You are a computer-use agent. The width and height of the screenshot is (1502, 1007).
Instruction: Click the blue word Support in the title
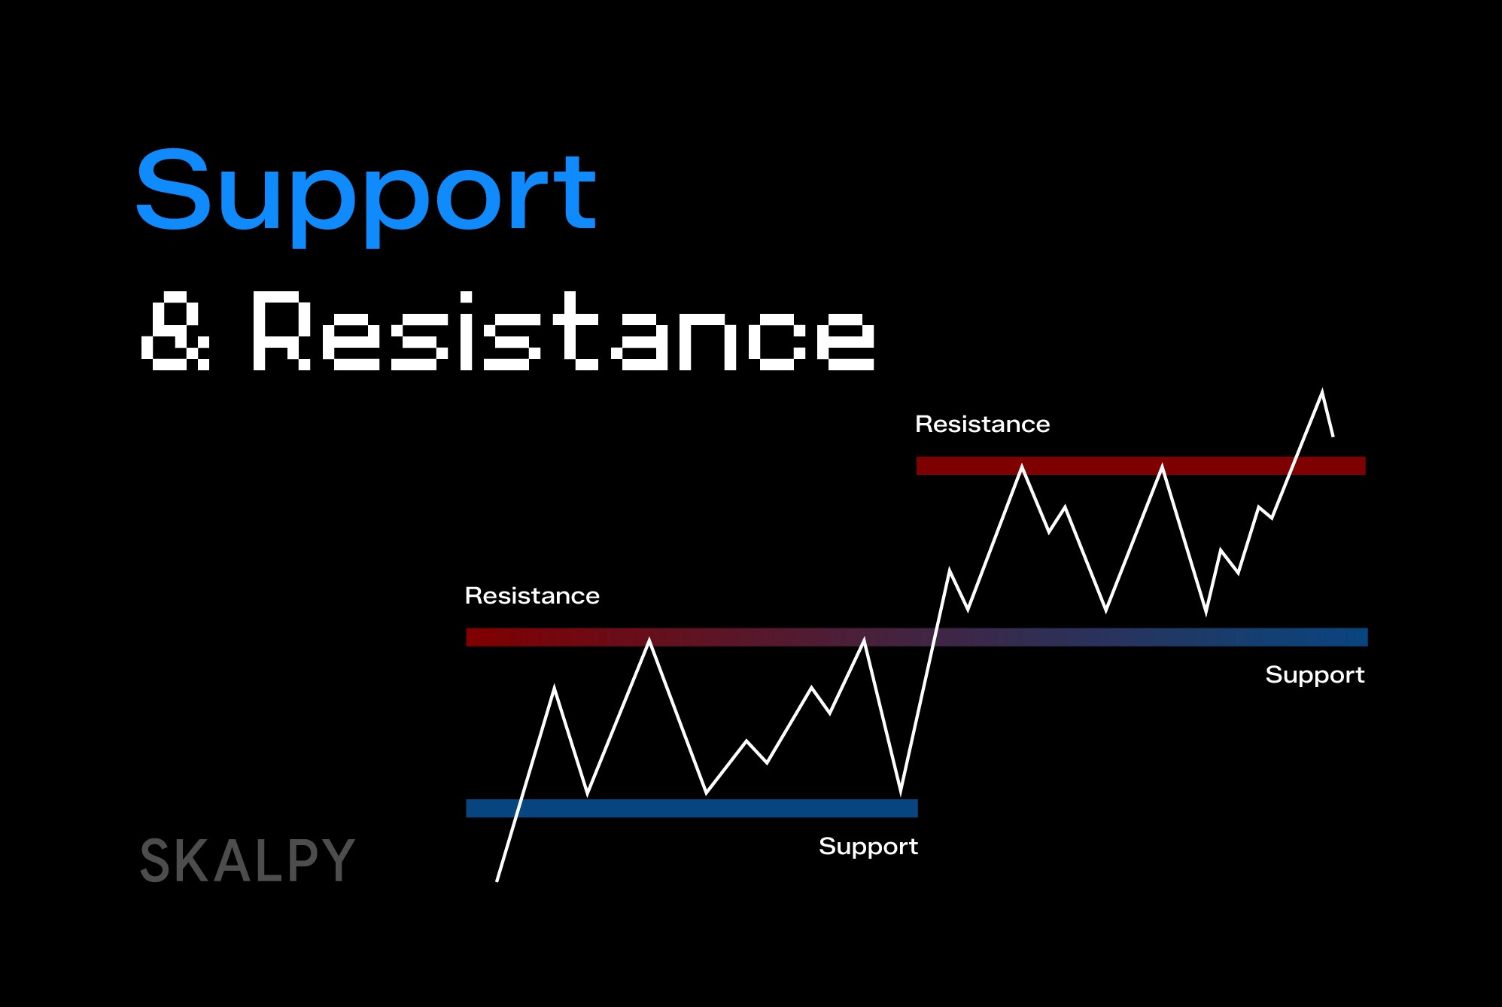pyautogui.click(x=366, y=192)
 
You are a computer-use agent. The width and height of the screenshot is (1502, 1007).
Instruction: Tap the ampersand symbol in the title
pyautogui.click(x=176, y=332)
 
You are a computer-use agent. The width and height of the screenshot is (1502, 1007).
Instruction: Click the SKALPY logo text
pyautogui.click(x=247, y=860)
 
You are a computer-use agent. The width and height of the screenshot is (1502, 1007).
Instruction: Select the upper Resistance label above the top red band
pyautogui.click(x=982, y=424)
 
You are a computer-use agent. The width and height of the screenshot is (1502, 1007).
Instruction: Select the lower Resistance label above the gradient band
pyautogui.click(x=532, y=596)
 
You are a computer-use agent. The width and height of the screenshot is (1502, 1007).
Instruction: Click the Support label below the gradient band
pyautogui.click(x=1315, y=675)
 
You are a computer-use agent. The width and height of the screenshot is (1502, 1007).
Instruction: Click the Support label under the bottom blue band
pyautogui.click(x=868, y=847)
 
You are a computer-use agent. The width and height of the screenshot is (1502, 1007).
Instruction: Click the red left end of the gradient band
pyautogui.click(x=497, y=637)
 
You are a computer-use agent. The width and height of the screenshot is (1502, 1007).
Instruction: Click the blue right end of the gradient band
pyautogui.click(x=1339, y=637)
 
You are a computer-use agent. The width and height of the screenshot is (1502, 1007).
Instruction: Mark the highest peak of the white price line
pyautogui.click(x=1322, y=391)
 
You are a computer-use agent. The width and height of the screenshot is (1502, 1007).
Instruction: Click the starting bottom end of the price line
pyautogui.click(x=497, y=880)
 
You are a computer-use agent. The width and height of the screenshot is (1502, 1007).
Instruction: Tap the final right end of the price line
pyautogui.click(x=1333, y=436)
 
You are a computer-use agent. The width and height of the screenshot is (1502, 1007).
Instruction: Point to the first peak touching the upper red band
pyautogui.click(x=1022, y=467)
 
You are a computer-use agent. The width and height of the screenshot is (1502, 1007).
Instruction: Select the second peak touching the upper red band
pyautogui.click(x=1162, y=467)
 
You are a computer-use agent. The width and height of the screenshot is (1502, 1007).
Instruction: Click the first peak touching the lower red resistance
pyautogui.click(x=649, y=640)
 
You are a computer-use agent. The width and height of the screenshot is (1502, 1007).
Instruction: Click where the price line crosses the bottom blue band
pyautogui.click(x=518, y=808)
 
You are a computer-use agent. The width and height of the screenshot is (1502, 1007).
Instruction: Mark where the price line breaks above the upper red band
pyautogui.click(x=1292, y=466)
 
